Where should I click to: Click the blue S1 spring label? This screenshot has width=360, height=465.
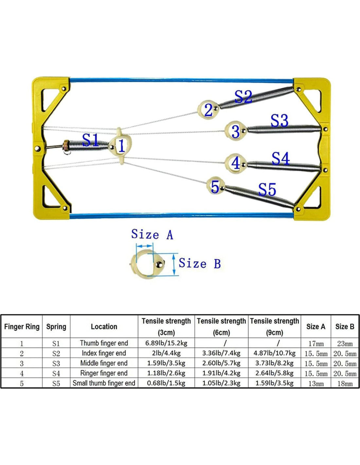[x=90, y=140]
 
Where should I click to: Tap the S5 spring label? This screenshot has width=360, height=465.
[x=267, y=189]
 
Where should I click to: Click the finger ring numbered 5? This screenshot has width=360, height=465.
[x=215, y=186]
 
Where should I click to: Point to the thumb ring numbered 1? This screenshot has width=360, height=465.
[x=120, y=146]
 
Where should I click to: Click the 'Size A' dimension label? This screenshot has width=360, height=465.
[x=152, y=234]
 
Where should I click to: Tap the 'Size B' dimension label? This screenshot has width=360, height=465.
[x=200, y=264]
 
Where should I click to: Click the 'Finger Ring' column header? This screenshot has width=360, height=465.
[x=22, y=326]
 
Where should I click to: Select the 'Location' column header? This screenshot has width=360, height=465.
[x=104, y=326]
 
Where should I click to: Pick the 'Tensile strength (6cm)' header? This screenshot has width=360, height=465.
[x=221, y=326]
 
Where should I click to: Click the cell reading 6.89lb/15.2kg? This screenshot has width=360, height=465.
[x=166, y=343]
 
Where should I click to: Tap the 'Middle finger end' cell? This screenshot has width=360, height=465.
[x=104, y=363]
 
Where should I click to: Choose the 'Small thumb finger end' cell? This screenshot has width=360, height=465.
[x=104, y=383]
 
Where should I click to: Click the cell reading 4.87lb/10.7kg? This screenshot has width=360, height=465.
[x=274, y=353]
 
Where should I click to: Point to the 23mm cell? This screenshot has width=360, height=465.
[x=345, y=343]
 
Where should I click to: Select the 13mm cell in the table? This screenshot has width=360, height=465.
[x=316, y=384]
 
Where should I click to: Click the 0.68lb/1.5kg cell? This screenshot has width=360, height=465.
[x=166, y=383]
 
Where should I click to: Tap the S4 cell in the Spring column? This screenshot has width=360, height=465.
[x=56, y=373]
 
